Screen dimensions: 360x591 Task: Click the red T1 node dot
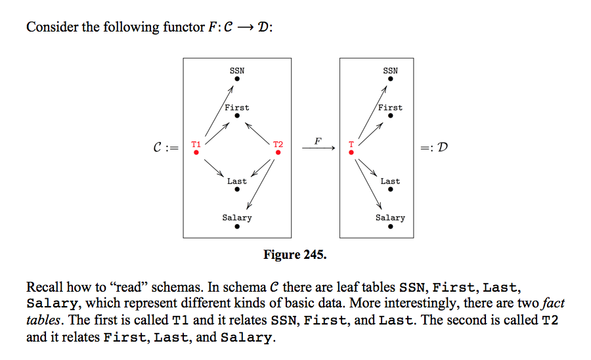click(x=196, y=152)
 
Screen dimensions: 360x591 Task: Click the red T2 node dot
click(x=278, y=152)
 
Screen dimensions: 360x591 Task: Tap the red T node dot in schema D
click(x=351, y=152)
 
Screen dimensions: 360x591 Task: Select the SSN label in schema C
click(x=236, y=70)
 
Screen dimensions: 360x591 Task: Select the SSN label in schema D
click(x=390, y=70)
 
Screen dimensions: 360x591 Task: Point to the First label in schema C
click(x=236, y=107)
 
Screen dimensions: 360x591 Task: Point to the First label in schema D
click(x=390, y=107)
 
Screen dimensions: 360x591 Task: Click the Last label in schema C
click(x=236, y=181)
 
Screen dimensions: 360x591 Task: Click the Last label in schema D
click(x=390, y=181)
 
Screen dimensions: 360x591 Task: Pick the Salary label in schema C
click(x=236, y=217)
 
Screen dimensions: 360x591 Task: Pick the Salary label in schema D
click(x=390, y=217)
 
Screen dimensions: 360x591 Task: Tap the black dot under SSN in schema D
click(x=390, y=79)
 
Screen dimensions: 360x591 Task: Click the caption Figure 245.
click(x=294, y=254)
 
